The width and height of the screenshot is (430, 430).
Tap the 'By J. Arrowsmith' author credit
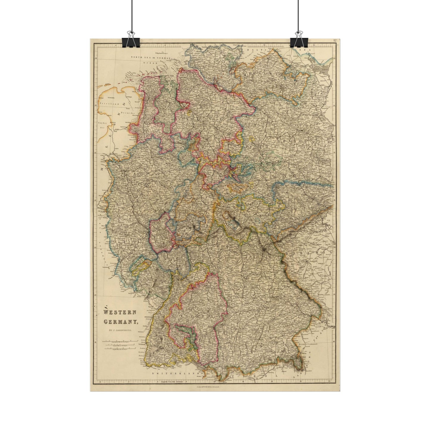click(x=120, y=330)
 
